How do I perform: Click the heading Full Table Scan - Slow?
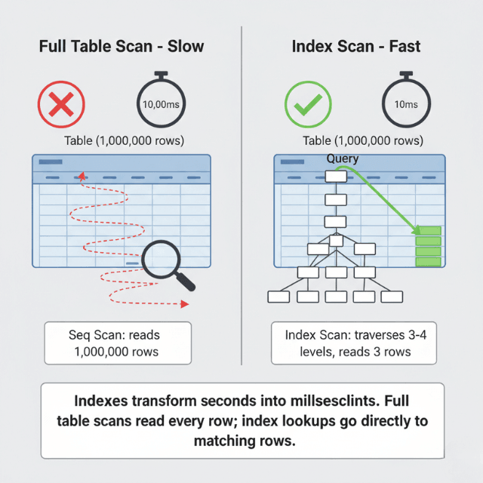click(x=121, y=47)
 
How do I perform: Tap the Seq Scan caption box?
click(x=118, y=343)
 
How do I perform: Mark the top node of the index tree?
click(x=335, y=177)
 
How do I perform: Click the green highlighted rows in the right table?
click(x=428, y=246)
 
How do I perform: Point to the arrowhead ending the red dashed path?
click(x=185, y=303)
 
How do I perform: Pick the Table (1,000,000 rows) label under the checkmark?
click(x=362, y=141)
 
